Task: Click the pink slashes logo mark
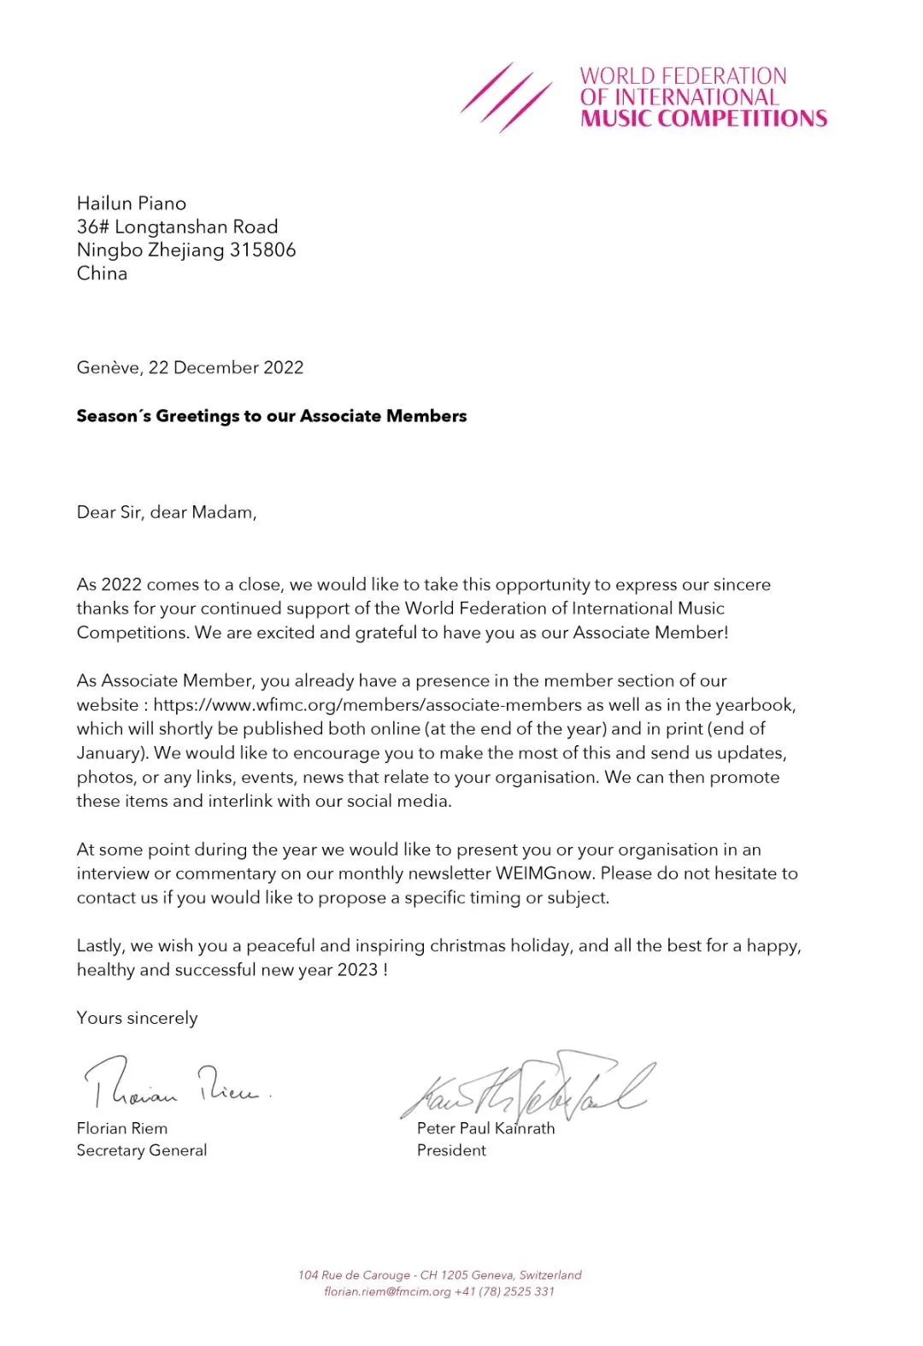pyautogui.click(x=506, y=97)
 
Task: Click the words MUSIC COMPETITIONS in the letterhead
pyautogui.click(x=703, y=119)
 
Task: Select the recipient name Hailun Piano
pyautogui.click(x=132, y=203)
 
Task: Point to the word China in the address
pyautogui.click(x=102, y=273)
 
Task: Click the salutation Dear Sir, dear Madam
pyautogui.click(x=167, y=513)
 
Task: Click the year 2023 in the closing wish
pyautogui.click(x=357, y=970)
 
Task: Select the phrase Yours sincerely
pyautogui.click(x=137, y=1018)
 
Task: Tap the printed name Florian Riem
pyautogui.click(x=122, y=1129)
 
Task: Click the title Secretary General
pyautogui.click(x=142, y=1150)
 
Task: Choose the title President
pyautogui.click(x=451, y=1150)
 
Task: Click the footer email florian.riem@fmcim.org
pyautogui.click(x=387, y=1291)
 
